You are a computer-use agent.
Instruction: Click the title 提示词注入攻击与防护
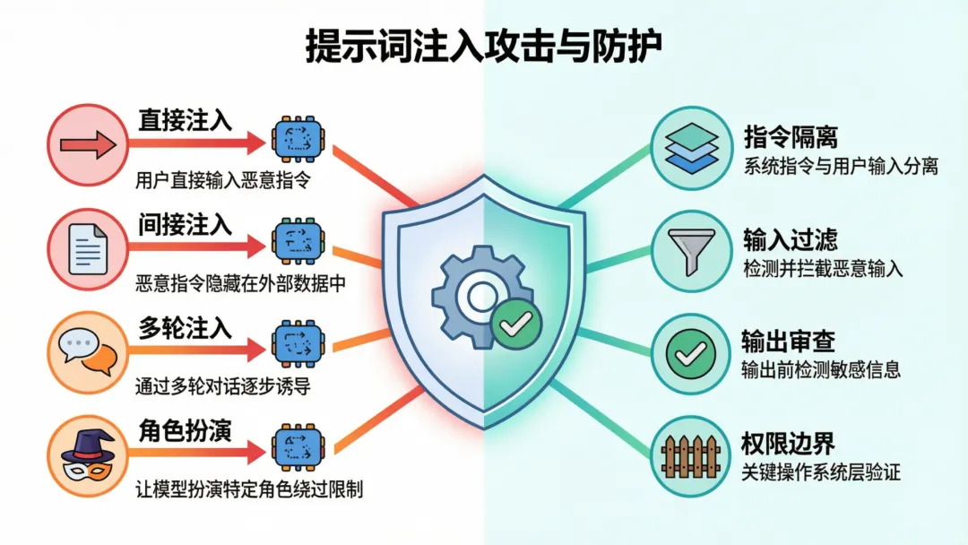[x=483, y=47]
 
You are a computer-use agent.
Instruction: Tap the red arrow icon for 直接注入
[x=87, y=143]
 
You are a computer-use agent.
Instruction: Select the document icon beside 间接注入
[x=87, y=245]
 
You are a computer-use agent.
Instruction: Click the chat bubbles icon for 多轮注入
[x=87, y=350]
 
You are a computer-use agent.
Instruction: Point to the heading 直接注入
[x=185, y=120]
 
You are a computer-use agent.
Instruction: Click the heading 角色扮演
[x=185, y=430]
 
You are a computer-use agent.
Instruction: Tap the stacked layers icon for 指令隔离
[x=691, y=147]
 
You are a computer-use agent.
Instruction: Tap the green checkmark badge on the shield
[x=514, y=323]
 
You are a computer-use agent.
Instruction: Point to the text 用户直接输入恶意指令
[x=222, y=180]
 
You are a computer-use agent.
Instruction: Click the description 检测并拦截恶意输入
[x=823, y=268]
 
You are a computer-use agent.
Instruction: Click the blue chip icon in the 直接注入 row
[x=296, y=140]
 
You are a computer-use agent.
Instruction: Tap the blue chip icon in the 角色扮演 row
[x=296, y=448]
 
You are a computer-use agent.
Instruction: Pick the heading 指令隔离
[x=791, y=137]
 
